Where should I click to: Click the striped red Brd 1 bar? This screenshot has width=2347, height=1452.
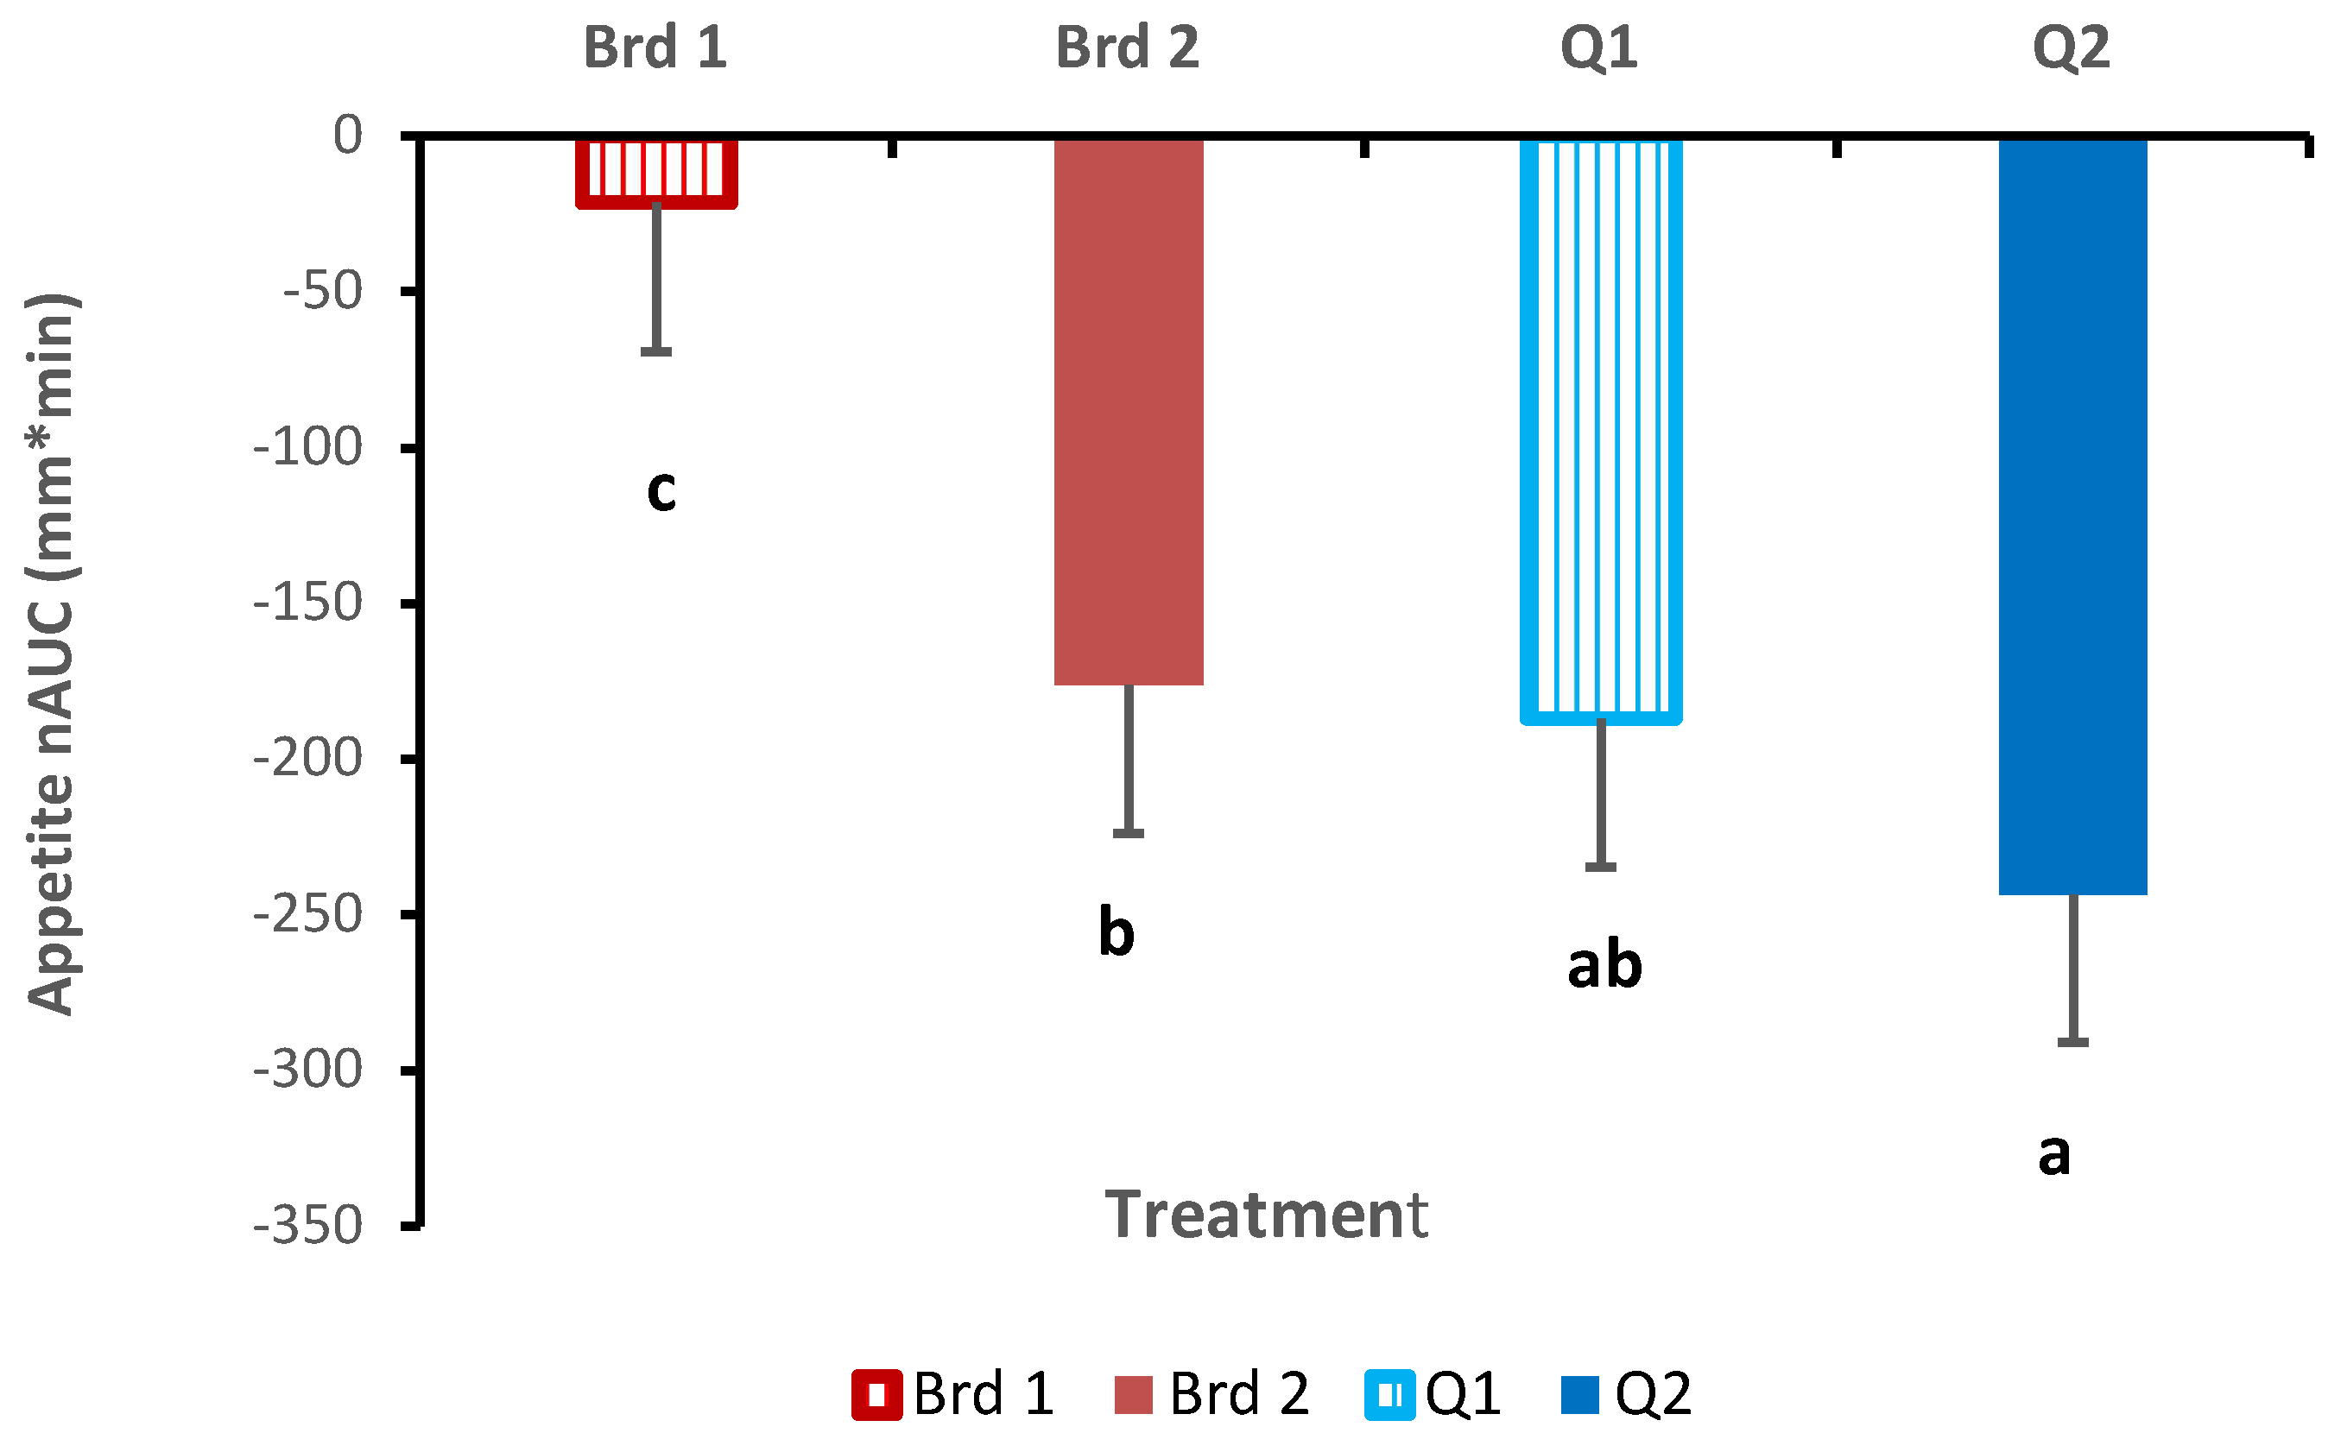coord(656,173)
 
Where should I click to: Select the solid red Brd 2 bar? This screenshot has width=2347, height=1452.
coord(1129,412)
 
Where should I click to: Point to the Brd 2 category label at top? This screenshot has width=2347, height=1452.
coord(1128,47)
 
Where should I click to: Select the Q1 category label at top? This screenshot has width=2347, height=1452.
coord(1599,48)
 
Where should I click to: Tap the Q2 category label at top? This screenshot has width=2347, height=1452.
coord(2072,48)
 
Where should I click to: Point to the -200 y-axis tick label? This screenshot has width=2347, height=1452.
coord(307,759)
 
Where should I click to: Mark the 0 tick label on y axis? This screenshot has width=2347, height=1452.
coord(349,135)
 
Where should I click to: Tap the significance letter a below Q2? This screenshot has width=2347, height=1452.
coord(2054,1153)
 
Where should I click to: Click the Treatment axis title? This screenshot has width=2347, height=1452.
coord(1266,1215)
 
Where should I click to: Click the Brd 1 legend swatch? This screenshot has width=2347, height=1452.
coord(876,1393)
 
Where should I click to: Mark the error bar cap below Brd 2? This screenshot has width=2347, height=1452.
coord(1129,834)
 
